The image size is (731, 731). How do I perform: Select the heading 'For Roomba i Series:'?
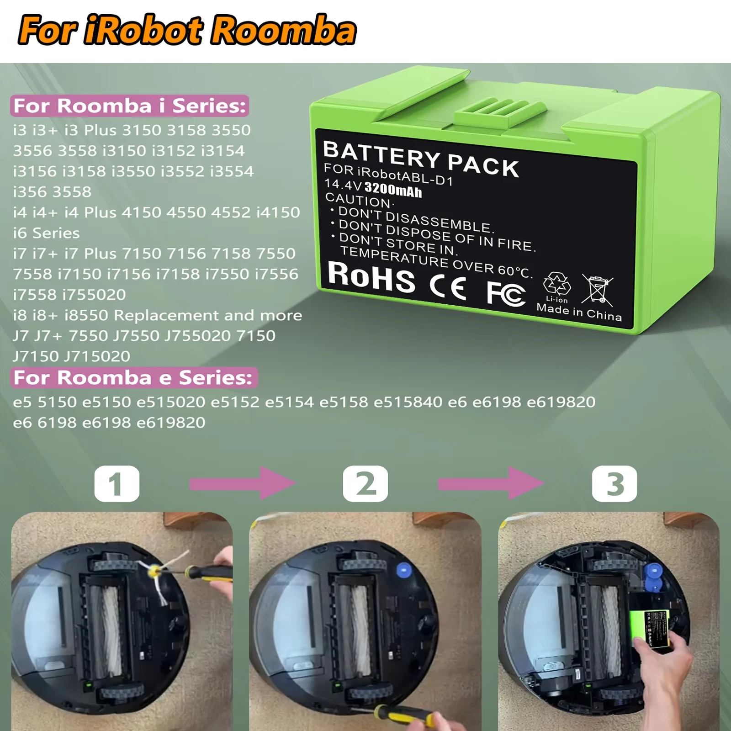[x=130, y=106]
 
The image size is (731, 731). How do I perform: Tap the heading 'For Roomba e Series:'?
[x=133, y=378]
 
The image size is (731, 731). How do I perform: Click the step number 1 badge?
[x=117, y=484]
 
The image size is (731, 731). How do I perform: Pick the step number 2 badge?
[x=365, y=484]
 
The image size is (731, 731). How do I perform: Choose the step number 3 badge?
[x=614, y=484]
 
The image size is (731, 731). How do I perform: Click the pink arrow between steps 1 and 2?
[x=242, y=483]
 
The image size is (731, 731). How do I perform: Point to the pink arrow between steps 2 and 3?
[x=490, y=483]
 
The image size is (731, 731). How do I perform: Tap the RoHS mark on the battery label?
[x=371, y=277]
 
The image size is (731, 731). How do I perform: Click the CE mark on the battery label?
[x=448, y=287]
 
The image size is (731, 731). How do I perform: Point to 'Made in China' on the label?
[x=579, y=313]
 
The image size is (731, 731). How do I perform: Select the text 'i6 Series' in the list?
[x=46, y=233]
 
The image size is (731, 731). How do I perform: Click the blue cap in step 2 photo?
[x=403, y=569]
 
